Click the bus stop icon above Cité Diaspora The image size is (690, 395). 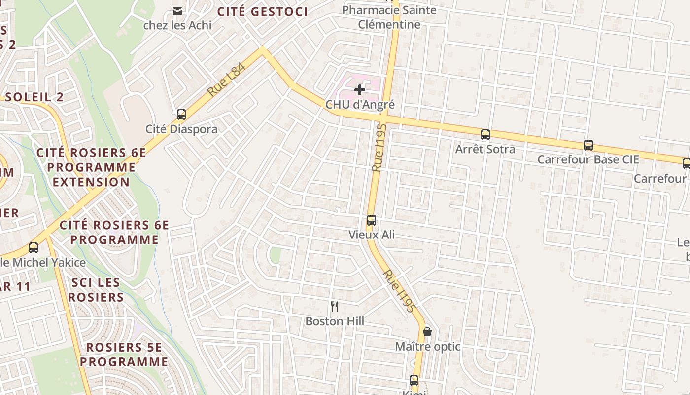(181, 115)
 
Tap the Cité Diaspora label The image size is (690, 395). (181, 129)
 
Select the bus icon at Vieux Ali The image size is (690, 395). (372, 220)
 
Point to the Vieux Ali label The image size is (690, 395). (372, 235)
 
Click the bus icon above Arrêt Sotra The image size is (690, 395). (485, 134)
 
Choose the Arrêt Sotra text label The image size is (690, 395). (485, 149)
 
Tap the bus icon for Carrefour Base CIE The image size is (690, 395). (588, 145)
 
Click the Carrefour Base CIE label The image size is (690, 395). (588, 160)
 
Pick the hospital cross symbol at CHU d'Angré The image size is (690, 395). (360, 89)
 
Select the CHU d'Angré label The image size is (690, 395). (360, 105)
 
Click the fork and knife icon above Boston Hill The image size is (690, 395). (335, 307)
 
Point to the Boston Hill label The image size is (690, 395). (335, 321)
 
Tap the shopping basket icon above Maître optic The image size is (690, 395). (427, 332)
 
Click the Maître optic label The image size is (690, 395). (427, 347)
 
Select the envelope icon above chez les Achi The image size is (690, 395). (177, 11)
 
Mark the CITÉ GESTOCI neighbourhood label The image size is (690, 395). (263, 12)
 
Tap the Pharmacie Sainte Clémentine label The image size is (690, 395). (389, 17)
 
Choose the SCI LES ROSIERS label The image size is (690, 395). (96, 290)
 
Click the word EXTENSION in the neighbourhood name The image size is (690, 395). (91, 182)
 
